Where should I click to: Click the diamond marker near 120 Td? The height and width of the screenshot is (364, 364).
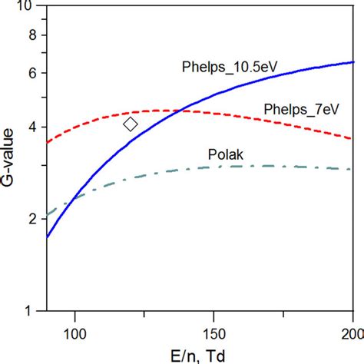131,124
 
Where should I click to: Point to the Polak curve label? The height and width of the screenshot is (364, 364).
226,154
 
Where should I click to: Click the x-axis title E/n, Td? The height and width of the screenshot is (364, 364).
200,354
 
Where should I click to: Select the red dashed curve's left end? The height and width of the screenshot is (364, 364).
47,143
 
